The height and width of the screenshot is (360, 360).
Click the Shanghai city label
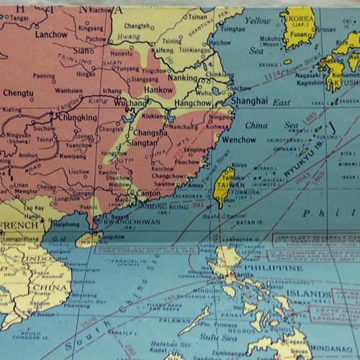[x=249, y=101]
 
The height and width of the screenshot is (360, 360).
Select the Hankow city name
[x=159, y=91]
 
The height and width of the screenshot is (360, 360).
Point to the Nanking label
[x=182, y=78]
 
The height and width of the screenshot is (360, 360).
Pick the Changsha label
[x=151, y=132]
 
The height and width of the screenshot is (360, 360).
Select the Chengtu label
[x=18, y=93]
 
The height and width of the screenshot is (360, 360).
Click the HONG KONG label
[x=165, y=207]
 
